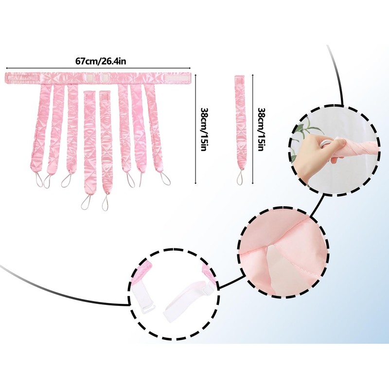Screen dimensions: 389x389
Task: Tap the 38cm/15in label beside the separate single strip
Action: click(x=261, y=129)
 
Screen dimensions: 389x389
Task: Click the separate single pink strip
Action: click(x=240, y=122)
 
